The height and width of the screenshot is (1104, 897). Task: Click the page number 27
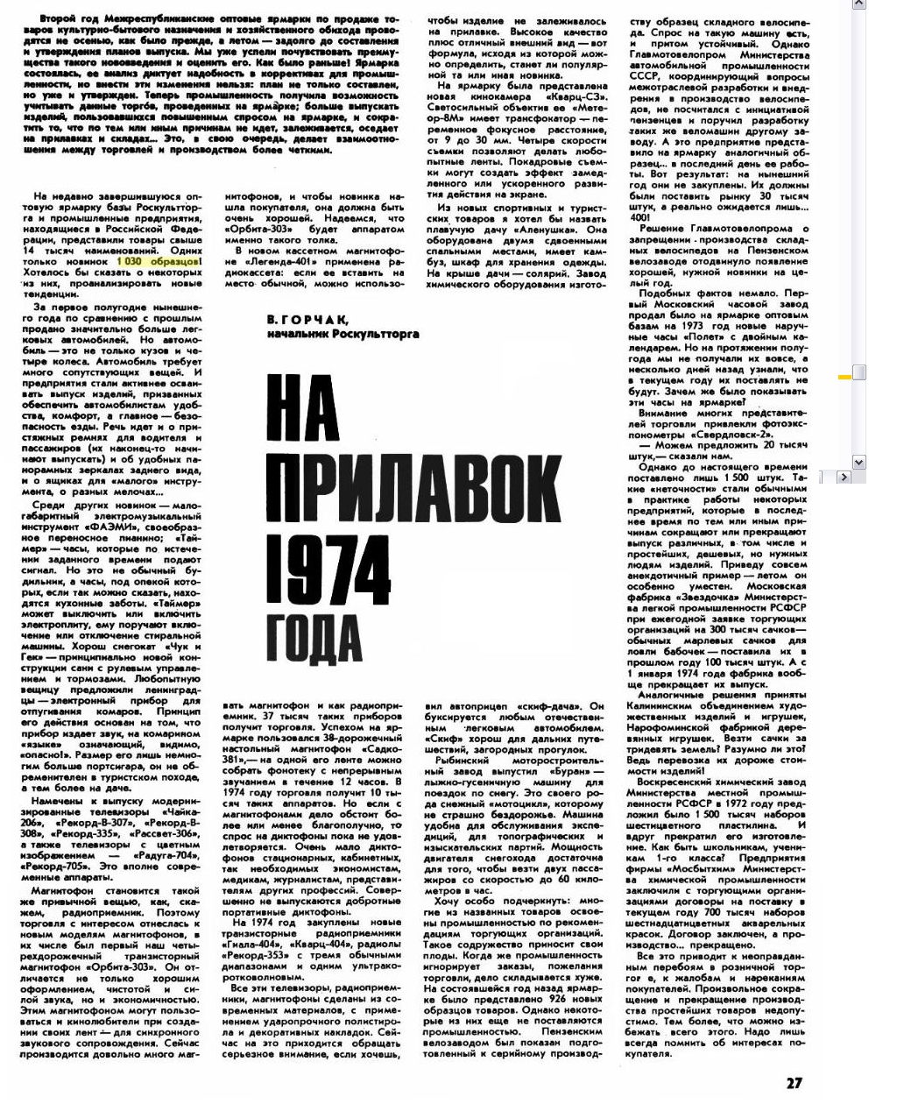pyautogui.click(x=794, y=1082)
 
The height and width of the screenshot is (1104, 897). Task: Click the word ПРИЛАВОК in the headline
pyautogui.click(x=413, y=486)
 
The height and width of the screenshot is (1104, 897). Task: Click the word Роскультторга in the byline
pyautogui.click(x=371, y=333)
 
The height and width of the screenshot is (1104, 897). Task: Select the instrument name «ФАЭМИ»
pyautogui.click(x=108, y=527)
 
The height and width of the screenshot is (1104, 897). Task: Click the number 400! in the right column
pyautogui.click(x=640, y=217)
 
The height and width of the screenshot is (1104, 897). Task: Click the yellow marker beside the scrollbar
pyautogui.click(x=844, y=377)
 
